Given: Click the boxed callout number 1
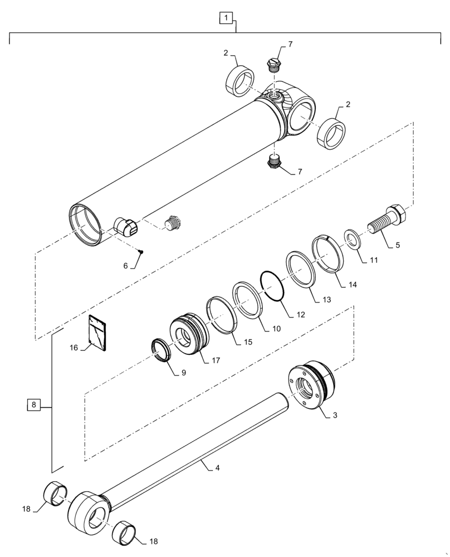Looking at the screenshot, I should (x=226, y=19).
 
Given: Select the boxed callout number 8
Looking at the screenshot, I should (x=34, y=405).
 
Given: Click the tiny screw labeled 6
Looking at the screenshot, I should (x=141, y=252).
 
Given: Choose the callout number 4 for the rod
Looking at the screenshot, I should (x=217, y=468).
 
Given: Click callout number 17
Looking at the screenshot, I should (x=216, y=360).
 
